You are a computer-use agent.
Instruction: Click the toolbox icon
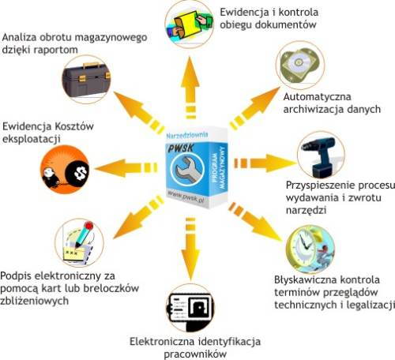coord(86,79)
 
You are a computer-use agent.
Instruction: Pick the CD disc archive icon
coord(299,65)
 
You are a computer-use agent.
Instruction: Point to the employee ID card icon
coord(190,311)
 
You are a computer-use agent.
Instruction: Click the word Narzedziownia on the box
coord(187,135)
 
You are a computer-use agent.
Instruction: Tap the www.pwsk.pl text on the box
coord(186,197)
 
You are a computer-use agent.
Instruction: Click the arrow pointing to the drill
coord(265,163)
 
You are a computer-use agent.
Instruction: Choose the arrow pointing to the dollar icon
coord(126,168)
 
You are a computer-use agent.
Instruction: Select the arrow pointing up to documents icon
coord(190,87)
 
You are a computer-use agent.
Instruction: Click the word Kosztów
coord(74,126)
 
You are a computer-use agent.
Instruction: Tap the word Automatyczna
coord(317,97)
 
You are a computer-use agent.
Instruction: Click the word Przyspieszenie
coord(321,186)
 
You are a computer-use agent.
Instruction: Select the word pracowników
coord(195,354)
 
